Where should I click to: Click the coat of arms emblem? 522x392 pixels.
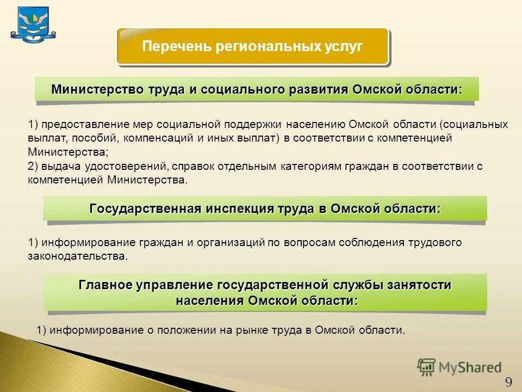tap(33, 23)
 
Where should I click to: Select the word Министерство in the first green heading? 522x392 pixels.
tap(97, 89)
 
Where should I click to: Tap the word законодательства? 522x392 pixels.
tap(77, 255)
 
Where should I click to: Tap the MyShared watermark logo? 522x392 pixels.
tap(459, 367)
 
